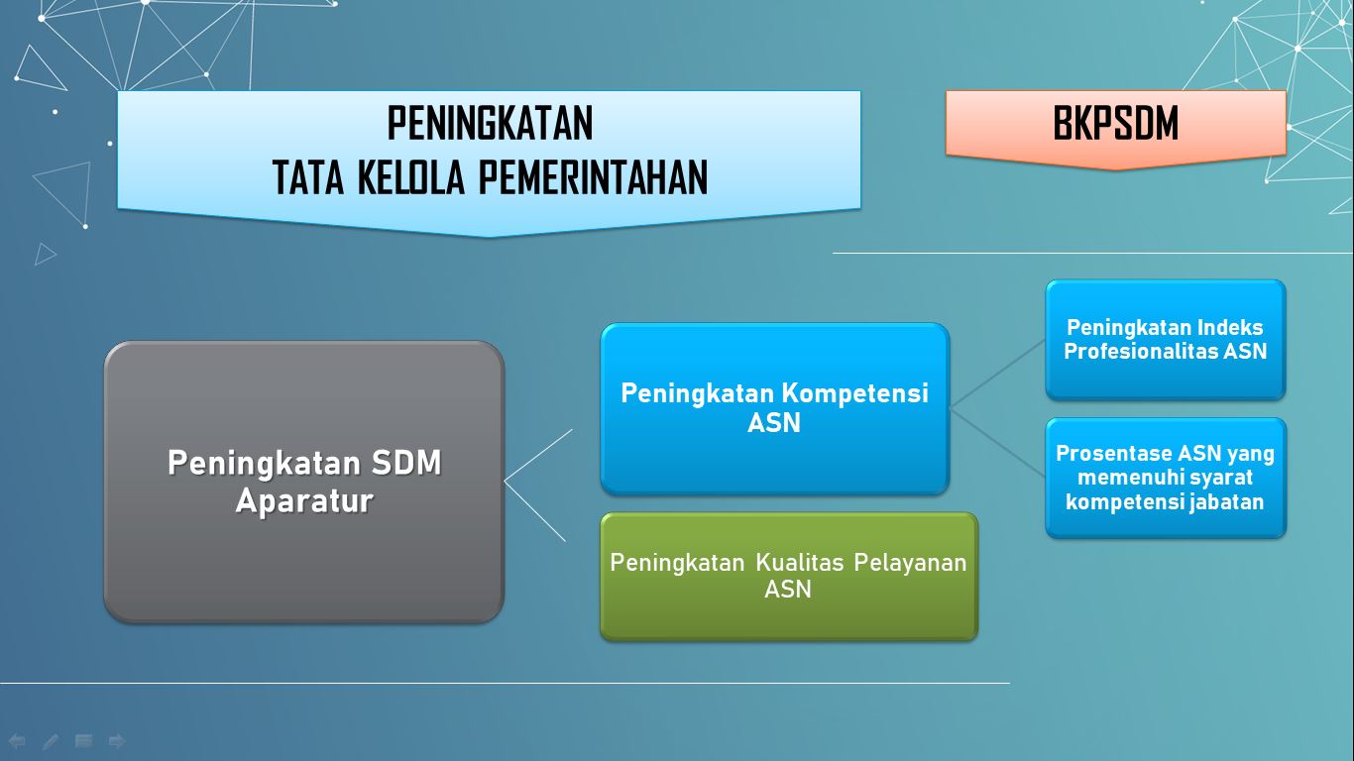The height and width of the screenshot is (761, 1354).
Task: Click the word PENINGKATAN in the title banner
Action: [490, 123]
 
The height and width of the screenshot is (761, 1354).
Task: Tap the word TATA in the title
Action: [308, 177]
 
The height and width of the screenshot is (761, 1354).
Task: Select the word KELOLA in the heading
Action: [411, 177]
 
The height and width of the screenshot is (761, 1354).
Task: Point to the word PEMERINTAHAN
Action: [593, 177]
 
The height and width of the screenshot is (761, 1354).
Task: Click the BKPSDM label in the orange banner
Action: [1116, 123]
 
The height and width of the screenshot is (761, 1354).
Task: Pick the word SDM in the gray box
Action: [406, 463]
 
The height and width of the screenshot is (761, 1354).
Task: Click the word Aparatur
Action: [304, 501]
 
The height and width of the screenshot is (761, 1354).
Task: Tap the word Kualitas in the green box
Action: [800, 563]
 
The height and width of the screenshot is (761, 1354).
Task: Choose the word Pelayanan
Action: [910, 563]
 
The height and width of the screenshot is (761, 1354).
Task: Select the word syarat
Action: [1218, 478]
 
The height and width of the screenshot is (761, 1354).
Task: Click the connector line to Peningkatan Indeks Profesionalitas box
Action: [998, 375]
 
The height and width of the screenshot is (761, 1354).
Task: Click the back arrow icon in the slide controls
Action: [17, 740]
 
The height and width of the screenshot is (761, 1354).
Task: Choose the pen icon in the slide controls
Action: [51, 740]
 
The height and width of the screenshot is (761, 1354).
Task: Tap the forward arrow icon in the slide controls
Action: [116, 740]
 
